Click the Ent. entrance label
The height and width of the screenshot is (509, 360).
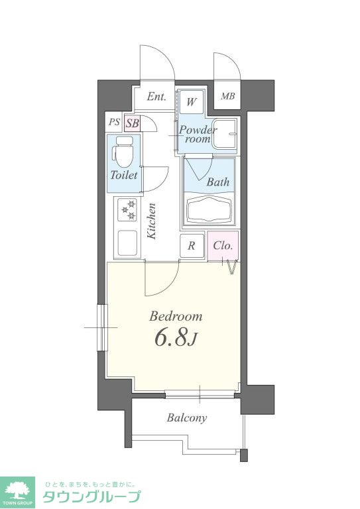(156, 96)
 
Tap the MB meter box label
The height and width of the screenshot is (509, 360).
(227, 96)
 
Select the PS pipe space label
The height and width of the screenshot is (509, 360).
(114, 123)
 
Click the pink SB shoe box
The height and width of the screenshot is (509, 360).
(133, 123)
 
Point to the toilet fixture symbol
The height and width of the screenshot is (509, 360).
(123, 151)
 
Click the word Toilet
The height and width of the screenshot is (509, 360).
(124, 175)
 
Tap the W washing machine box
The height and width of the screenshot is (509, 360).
(191, 102)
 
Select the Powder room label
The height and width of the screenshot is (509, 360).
(198, 134)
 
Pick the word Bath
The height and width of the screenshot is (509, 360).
(218, 182)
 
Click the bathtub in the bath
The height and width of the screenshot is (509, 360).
(209, 209)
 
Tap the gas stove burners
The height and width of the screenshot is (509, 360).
(127, 209)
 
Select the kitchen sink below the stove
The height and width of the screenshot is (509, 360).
(127, 243)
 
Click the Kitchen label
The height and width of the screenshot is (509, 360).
(152, 221)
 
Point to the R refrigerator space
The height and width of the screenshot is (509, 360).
(192, 246)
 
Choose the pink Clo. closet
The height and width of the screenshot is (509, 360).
(223, 246)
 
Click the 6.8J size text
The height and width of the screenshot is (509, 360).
(176, 337)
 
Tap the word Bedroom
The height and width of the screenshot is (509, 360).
(176, 316)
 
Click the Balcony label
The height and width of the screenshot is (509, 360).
(187, 418)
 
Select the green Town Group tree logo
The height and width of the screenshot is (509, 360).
(17, 492)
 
